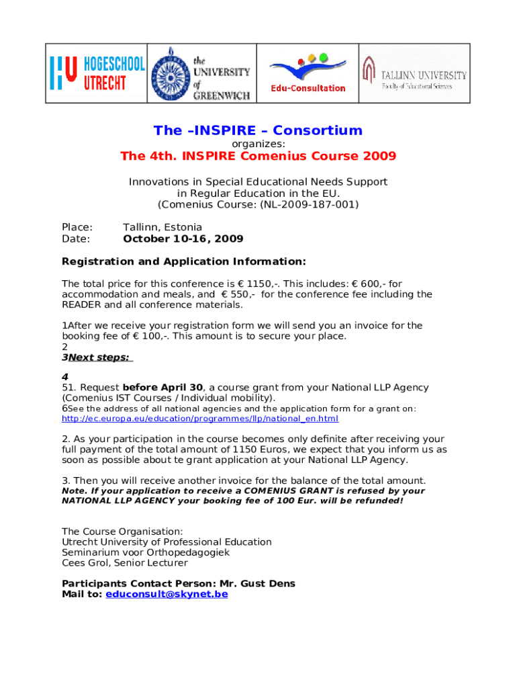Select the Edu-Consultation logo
pos(308,73)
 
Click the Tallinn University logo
pos(414,73)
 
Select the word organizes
pos(258,144)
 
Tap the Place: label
pos(77,227)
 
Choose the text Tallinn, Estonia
pos(162,227)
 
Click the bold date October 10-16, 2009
pos(183,239)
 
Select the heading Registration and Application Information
pos(183,261)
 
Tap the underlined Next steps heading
pos(99,357)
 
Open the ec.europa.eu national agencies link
pos(200,419)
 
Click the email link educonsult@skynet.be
pos(167,595)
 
